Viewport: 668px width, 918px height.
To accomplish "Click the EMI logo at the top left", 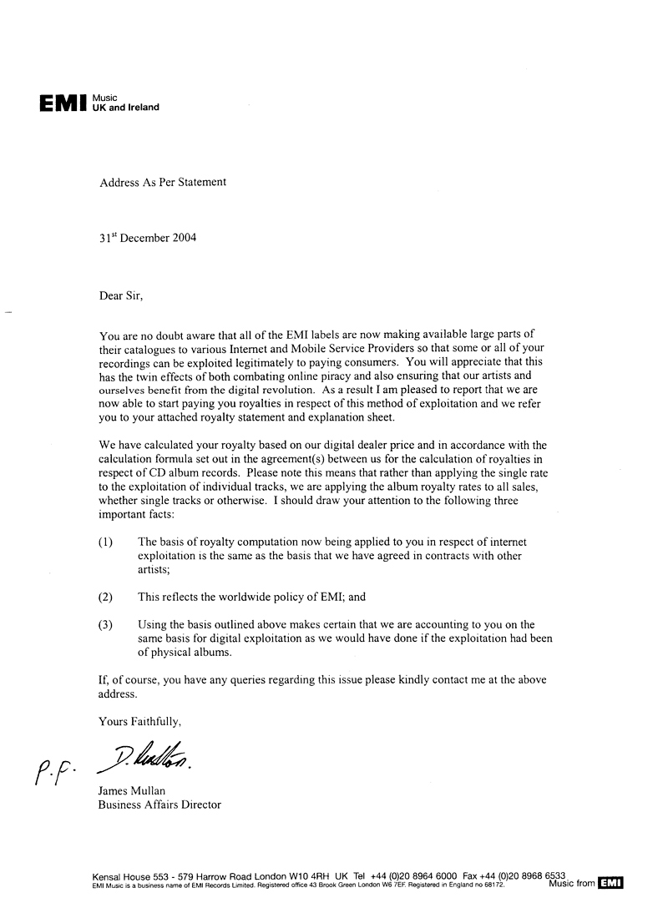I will coord(63,103).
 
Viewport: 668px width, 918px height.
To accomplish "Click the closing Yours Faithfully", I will coord(139,719).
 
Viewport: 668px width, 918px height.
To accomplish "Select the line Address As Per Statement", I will coord(162,181).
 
